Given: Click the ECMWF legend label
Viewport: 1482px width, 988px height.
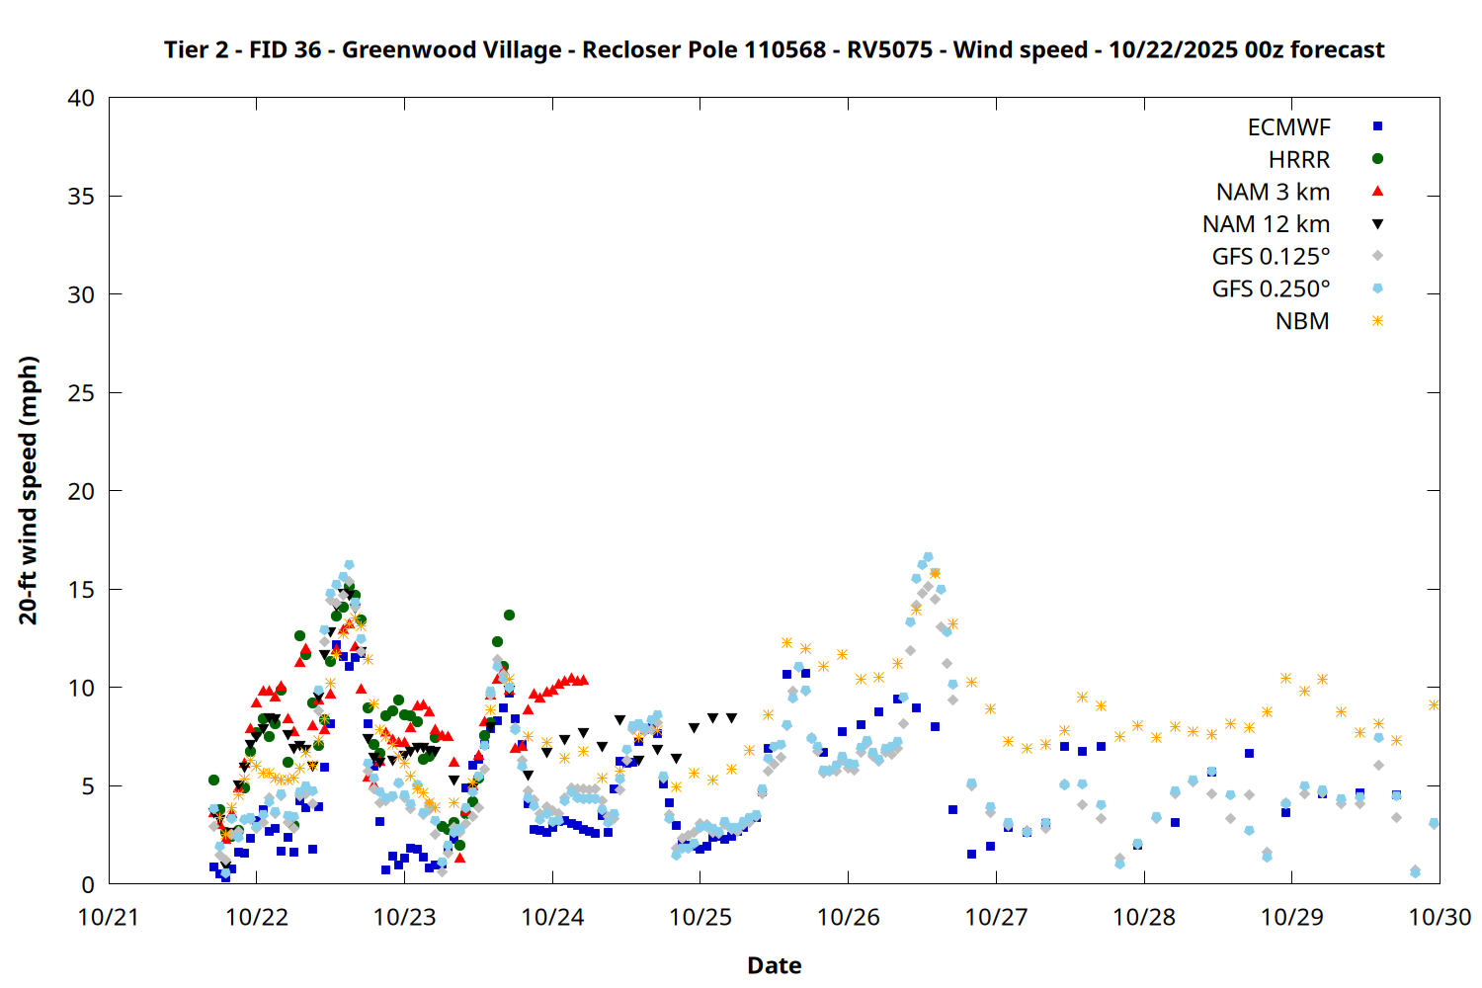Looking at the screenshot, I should pyautogui.click(x=1288, y=127).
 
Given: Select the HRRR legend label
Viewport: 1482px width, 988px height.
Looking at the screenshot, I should pyautogui.click(x=1299, y=160).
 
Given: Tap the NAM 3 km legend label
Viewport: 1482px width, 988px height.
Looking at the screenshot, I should pyautogui.click(x=1273, y=192).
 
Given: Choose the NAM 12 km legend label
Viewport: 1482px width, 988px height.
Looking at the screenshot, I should pyautogui.click(x=1266, y=224).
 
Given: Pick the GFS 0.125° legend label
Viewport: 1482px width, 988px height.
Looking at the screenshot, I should pyautogui.click(x=1271, y=257).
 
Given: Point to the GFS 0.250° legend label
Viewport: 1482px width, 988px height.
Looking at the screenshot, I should pyautogui.click(x=1271, y=289).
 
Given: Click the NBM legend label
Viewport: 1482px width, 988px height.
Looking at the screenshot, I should pyautogui.click(x=1302, y=322).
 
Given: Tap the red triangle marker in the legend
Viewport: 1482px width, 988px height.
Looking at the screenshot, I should pyautogui.click(x=1378, y=191).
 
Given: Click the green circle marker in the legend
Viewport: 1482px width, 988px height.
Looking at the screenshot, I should pyautogui.click(x=1378, y=158).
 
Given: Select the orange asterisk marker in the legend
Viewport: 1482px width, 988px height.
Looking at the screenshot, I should pyautogui.click(x=1378, y=321).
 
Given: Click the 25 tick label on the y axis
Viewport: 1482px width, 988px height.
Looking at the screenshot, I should pyautogui.click(x=82, y=393).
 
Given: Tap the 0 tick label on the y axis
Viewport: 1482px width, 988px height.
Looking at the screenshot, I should pyautogui.click(x=88, y=884).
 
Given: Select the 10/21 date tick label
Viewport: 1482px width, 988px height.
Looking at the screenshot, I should pyautogui.click(x=109, y=917).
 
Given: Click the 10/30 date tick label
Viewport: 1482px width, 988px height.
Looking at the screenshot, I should pyautogui.click(x=1440, y=917).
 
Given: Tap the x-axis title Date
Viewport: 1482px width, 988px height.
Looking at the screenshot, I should pyautogui.click(x=774, y=965).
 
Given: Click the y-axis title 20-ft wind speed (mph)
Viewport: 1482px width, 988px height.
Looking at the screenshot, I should pyautogui.click(x=29, y=490).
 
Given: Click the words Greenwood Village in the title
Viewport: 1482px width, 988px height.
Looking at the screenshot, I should pyautogui.click(x=452, y=49).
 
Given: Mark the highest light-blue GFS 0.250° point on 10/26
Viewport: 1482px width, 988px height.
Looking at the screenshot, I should pyautogui.click(x=928, y=557).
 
